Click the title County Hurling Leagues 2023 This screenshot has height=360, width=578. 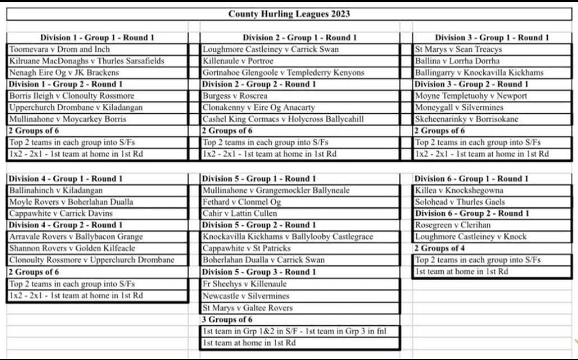(289, 14)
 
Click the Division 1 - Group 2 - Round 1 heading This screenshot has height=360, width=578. (66, 84)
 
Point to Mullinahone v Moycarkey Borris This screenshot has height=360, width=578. (68, 119)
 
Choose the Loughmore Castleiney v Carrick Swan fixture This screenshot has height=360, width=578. (270, 49)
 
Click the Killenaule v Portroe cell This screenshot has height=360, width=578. (238, 61)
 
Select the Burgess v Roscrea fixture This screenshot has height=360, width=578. (235, 96)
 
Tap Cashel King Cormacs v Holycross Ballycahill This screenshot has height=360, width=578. (283, 119)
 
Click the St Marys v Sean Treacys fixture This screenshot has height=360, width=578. (458, 49)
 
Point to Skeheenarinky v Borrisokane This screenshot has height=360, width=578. (466, 119)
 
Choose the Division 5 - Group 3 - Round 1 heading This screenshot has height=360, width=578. (259, 272)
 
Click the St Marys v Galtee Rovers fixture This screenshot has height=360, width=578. (247, 308)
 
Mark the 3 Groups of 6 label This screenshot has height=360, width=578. (227, 320)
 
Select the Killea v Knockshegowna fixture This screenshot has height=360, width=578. (459, 191)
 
